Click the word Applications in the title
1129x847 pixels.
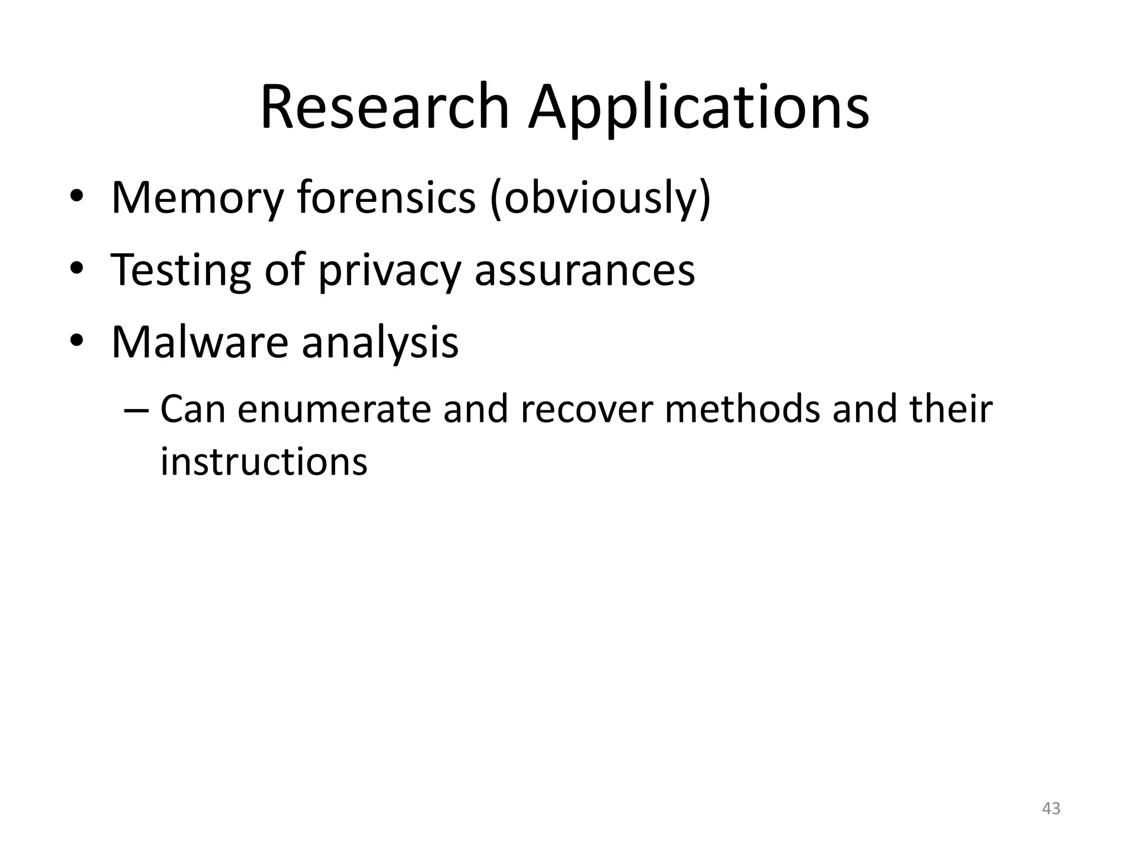pos(698,109)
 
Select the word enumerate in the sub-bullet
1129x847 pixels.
pos(334,410)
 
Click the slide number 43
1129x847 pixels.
pos(1051,809)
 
